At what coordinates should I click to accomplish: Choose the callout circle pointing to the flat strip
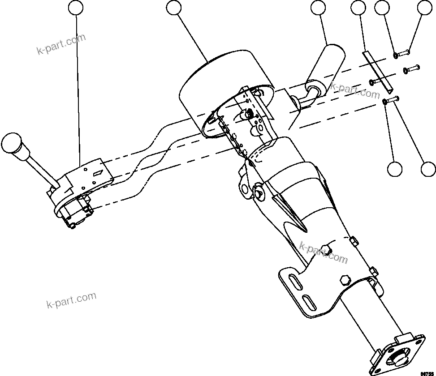click(358, 8)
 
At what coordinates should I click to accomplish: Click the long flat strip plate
click(377, 70)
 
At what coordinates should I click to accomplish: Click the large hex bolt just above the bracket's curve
click(345, 280)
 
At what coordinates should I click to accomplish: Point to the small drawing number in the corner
click(427, 372)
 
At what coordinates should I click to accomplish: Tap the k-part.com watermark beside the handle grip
click(355, 91)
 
